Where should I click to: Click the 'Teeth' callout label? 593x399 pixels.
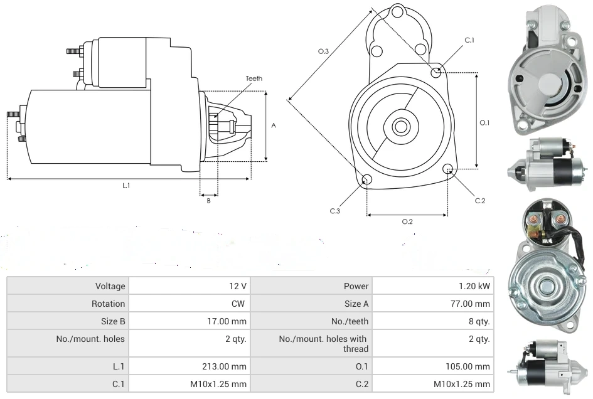254,78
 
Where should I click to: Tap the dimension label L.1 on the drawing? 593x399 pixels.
126,185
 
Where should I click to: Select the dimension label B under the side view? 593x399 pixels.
209,201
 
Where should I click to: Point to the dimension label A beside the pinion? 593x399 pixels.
274,125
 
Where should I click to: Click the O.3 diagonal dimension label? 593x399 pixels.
324,51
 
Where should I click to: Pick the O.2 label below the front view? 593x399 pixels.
407,221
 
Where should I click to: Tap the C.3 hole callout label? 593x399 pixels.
334,211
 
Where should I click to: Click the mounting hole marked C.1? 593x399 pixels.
436,73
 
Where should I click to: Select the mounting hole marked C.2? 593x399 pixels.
448,169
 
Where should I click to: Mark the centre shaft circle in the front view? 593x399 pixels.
400,127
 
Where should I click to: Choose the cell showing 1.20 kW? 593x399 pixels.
474,286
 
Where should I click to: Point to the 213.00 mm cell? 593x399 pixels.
230,366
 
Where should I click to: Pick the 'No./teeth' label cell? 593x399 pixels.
350,321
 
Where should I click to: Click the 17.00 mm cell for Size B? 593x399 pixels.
230,321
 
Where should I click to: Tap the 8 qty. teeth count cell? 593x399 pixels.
480,321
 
